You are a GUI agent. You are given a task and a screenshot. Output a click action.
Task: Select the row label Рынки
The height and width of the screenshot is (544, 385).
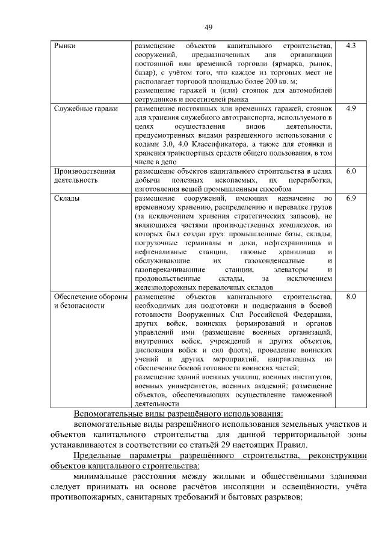point(64,46)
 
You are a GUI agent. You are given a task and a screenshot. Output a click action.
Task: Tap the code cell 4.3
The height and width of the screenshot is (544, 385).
point(351,46)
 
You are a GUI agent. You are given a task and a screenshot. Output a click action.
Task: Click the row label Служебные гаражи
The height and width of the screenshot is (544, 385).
point(85,109)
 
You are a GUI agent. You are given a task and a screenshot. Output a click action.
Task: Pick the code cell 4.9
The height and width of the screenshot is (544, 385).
point(351,109)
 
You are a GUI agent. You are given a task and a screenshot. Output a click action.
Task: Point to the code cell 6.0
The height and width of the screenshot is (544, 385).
point(351,171)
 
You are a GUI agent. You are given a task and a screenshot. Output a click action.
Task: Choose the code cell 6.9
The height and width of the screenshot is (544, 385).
point(351,198)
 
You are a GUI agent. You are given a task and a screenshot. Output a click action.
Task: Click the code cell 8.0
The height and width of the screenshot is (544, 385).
point(351,296)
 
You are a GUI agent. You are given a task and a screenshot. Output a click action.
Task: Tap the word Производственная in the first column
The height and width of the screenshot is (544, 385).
point(85,171)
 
